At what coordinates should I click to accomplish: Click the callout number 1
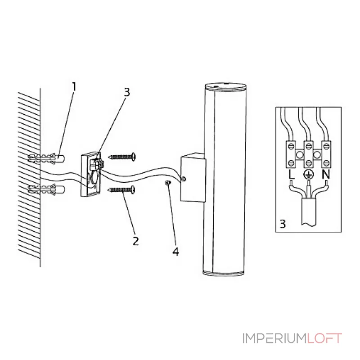pos(74,87)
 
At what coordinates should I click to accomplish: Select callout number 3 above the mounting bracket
pos(127,92)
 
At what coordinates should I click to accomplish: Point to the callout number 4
pos(175,252)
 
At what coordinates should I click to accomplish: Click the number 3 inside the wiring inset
pos(283,224)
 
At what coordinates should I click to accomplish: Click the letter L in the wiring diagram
pos(291,175)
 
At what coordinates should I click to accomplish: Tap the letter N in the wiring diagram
pos(326,175)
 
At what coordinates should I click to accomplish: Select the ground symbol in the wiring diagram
pos(308,175)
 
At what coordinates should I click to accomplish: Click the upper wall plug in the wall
pos(46,158)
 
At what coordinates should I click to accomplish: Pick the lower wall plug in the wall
pos(46,189)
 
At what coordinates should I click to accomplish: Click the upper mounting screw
pos(122,157)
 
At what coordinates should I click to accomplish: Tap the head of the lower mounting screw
pos(133,189)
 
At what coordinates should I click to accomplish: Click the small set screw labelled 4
pos(167,183)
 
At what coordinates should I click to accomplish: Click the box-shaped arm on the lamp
pos(193,177)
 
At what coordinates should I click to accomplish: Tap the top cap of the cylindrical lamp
pos(226,86)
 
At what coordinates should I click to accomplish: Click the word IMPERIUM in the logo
pos(275,338)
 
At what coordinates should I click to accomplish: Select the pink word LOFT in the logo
pos(324,338)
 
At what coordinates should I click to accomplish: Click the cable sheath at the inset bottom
pos(308,211)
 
